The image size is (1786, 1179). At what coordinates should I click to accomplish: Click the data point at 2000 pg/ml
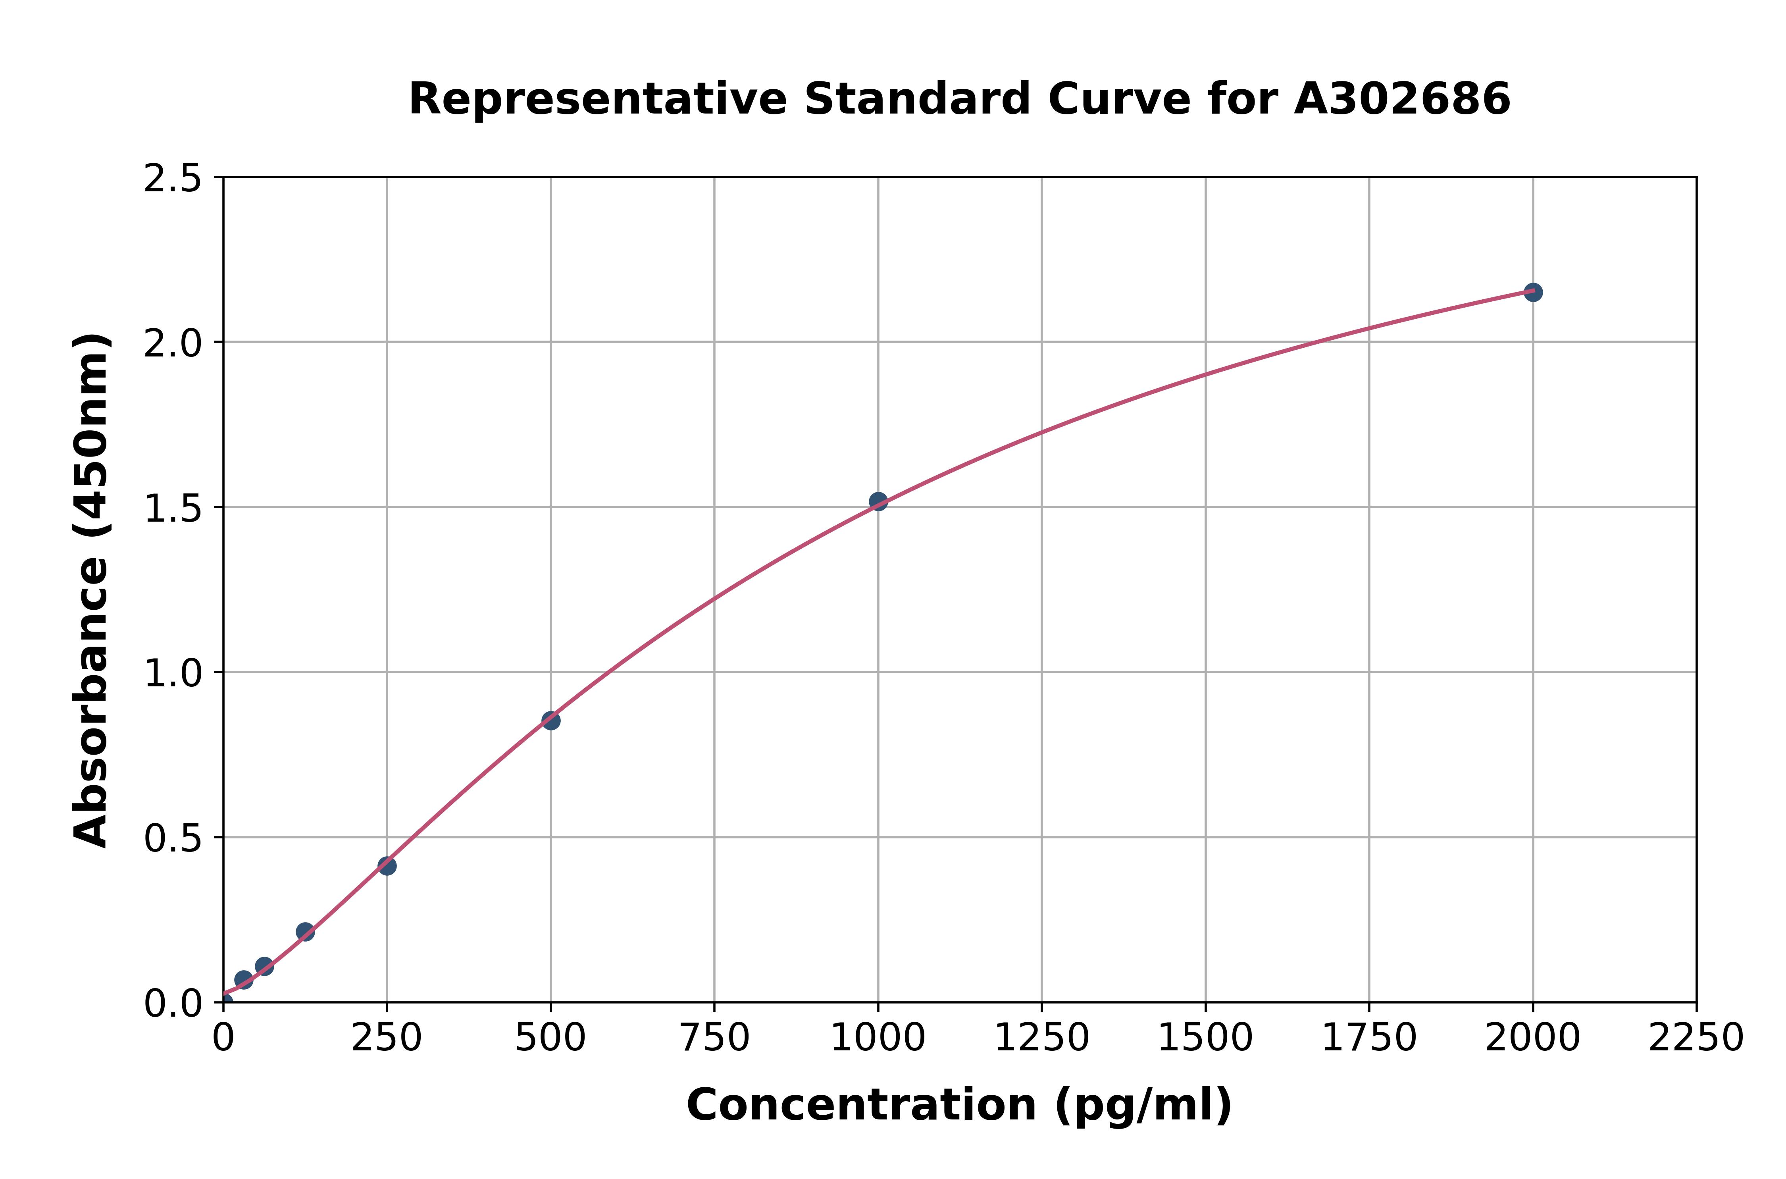pos(1533,292)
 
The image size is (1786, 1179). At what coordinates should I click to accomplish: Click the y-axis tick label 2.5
pos(173,179)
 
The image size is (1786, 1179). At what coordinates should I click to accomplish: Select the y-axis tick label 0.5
pos(173,838)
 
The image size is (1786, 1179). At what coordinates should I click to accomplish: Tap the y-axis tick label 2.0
pos(173,344)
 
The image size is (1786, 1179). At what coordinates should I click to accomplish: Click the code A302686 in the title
pos(1402,99)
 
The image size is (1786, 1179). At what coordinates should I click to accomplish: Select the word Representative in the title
pos(598,99)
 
